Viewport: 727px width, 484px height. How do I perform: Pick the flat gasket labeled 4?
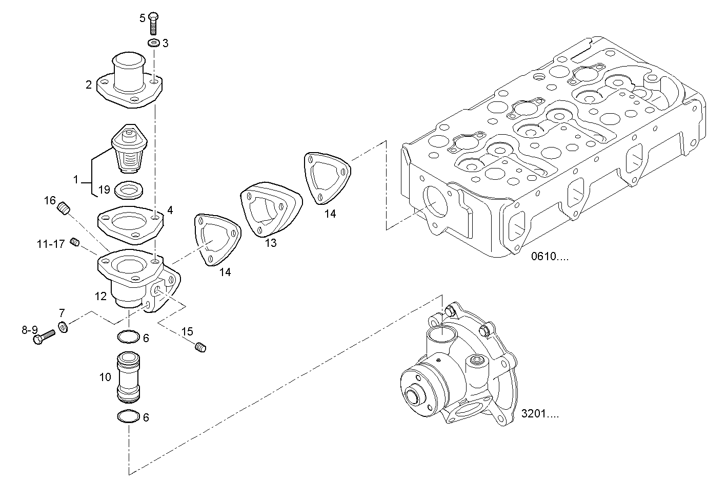click(x=130, y=224)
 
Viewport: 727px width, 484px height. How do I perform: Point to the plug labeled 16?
click(x=64, y=208)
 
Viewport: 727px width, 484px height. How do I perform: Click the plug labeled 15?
click(x=201, y=348)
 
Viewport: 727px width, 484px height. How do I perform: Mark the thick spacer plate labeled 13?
click(x=270, y=210)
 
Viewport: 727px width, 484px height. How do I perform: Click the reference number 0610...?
click(x=549, y=257)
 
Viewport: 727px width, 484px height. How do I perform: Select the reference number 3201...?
click(x=540, y=414)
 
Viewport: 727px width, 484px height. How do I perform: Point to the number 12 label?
click(x=100, y=296)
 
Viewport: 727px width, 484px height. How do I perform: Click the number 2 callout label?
click(x=89, y=85)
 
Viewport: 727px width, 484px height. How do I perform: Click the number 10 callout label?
click(x=105, y=377)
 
